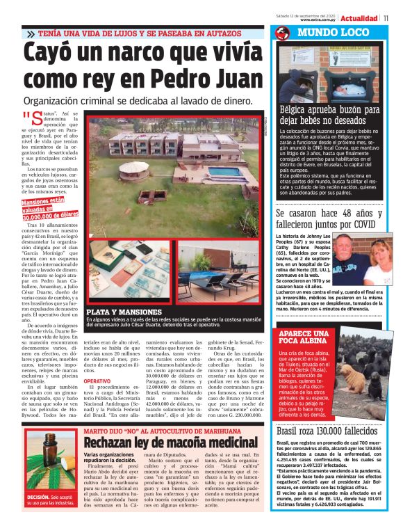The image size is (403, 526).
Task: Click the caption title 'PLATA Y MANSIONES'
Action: coord(120,312)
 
